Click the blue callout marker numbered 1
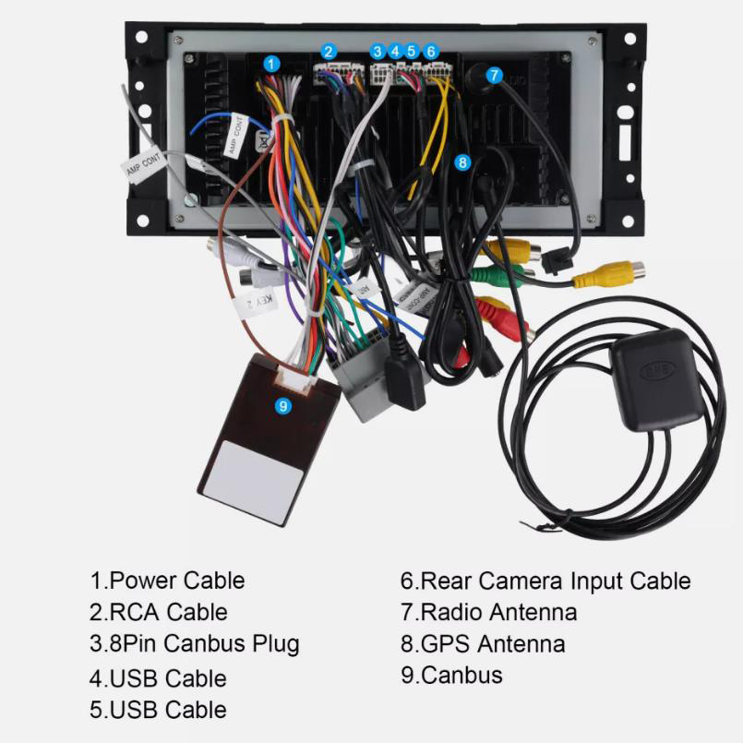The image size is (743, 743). (271, 64)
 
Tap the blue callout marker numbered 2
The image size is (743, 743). (330, 52)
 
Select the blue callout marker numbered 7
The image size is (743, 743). (495, 75)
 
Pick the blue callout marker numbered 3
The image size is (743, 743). (377, 52)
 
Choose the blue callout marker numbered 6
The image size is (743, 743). (431, 52)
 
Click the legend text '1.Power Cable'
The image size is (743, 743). (167, 581)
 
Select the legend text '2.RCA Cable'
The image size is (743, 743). (158, 612)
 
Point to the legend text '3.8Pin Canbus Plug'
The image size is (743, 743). (195, 643)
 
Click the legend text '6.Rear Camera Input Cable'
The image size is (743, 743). (545, 581)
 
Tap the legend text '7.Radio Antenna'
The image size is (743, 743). (488, 612)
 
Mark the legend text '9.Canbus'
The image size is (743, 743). (451, 675)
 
